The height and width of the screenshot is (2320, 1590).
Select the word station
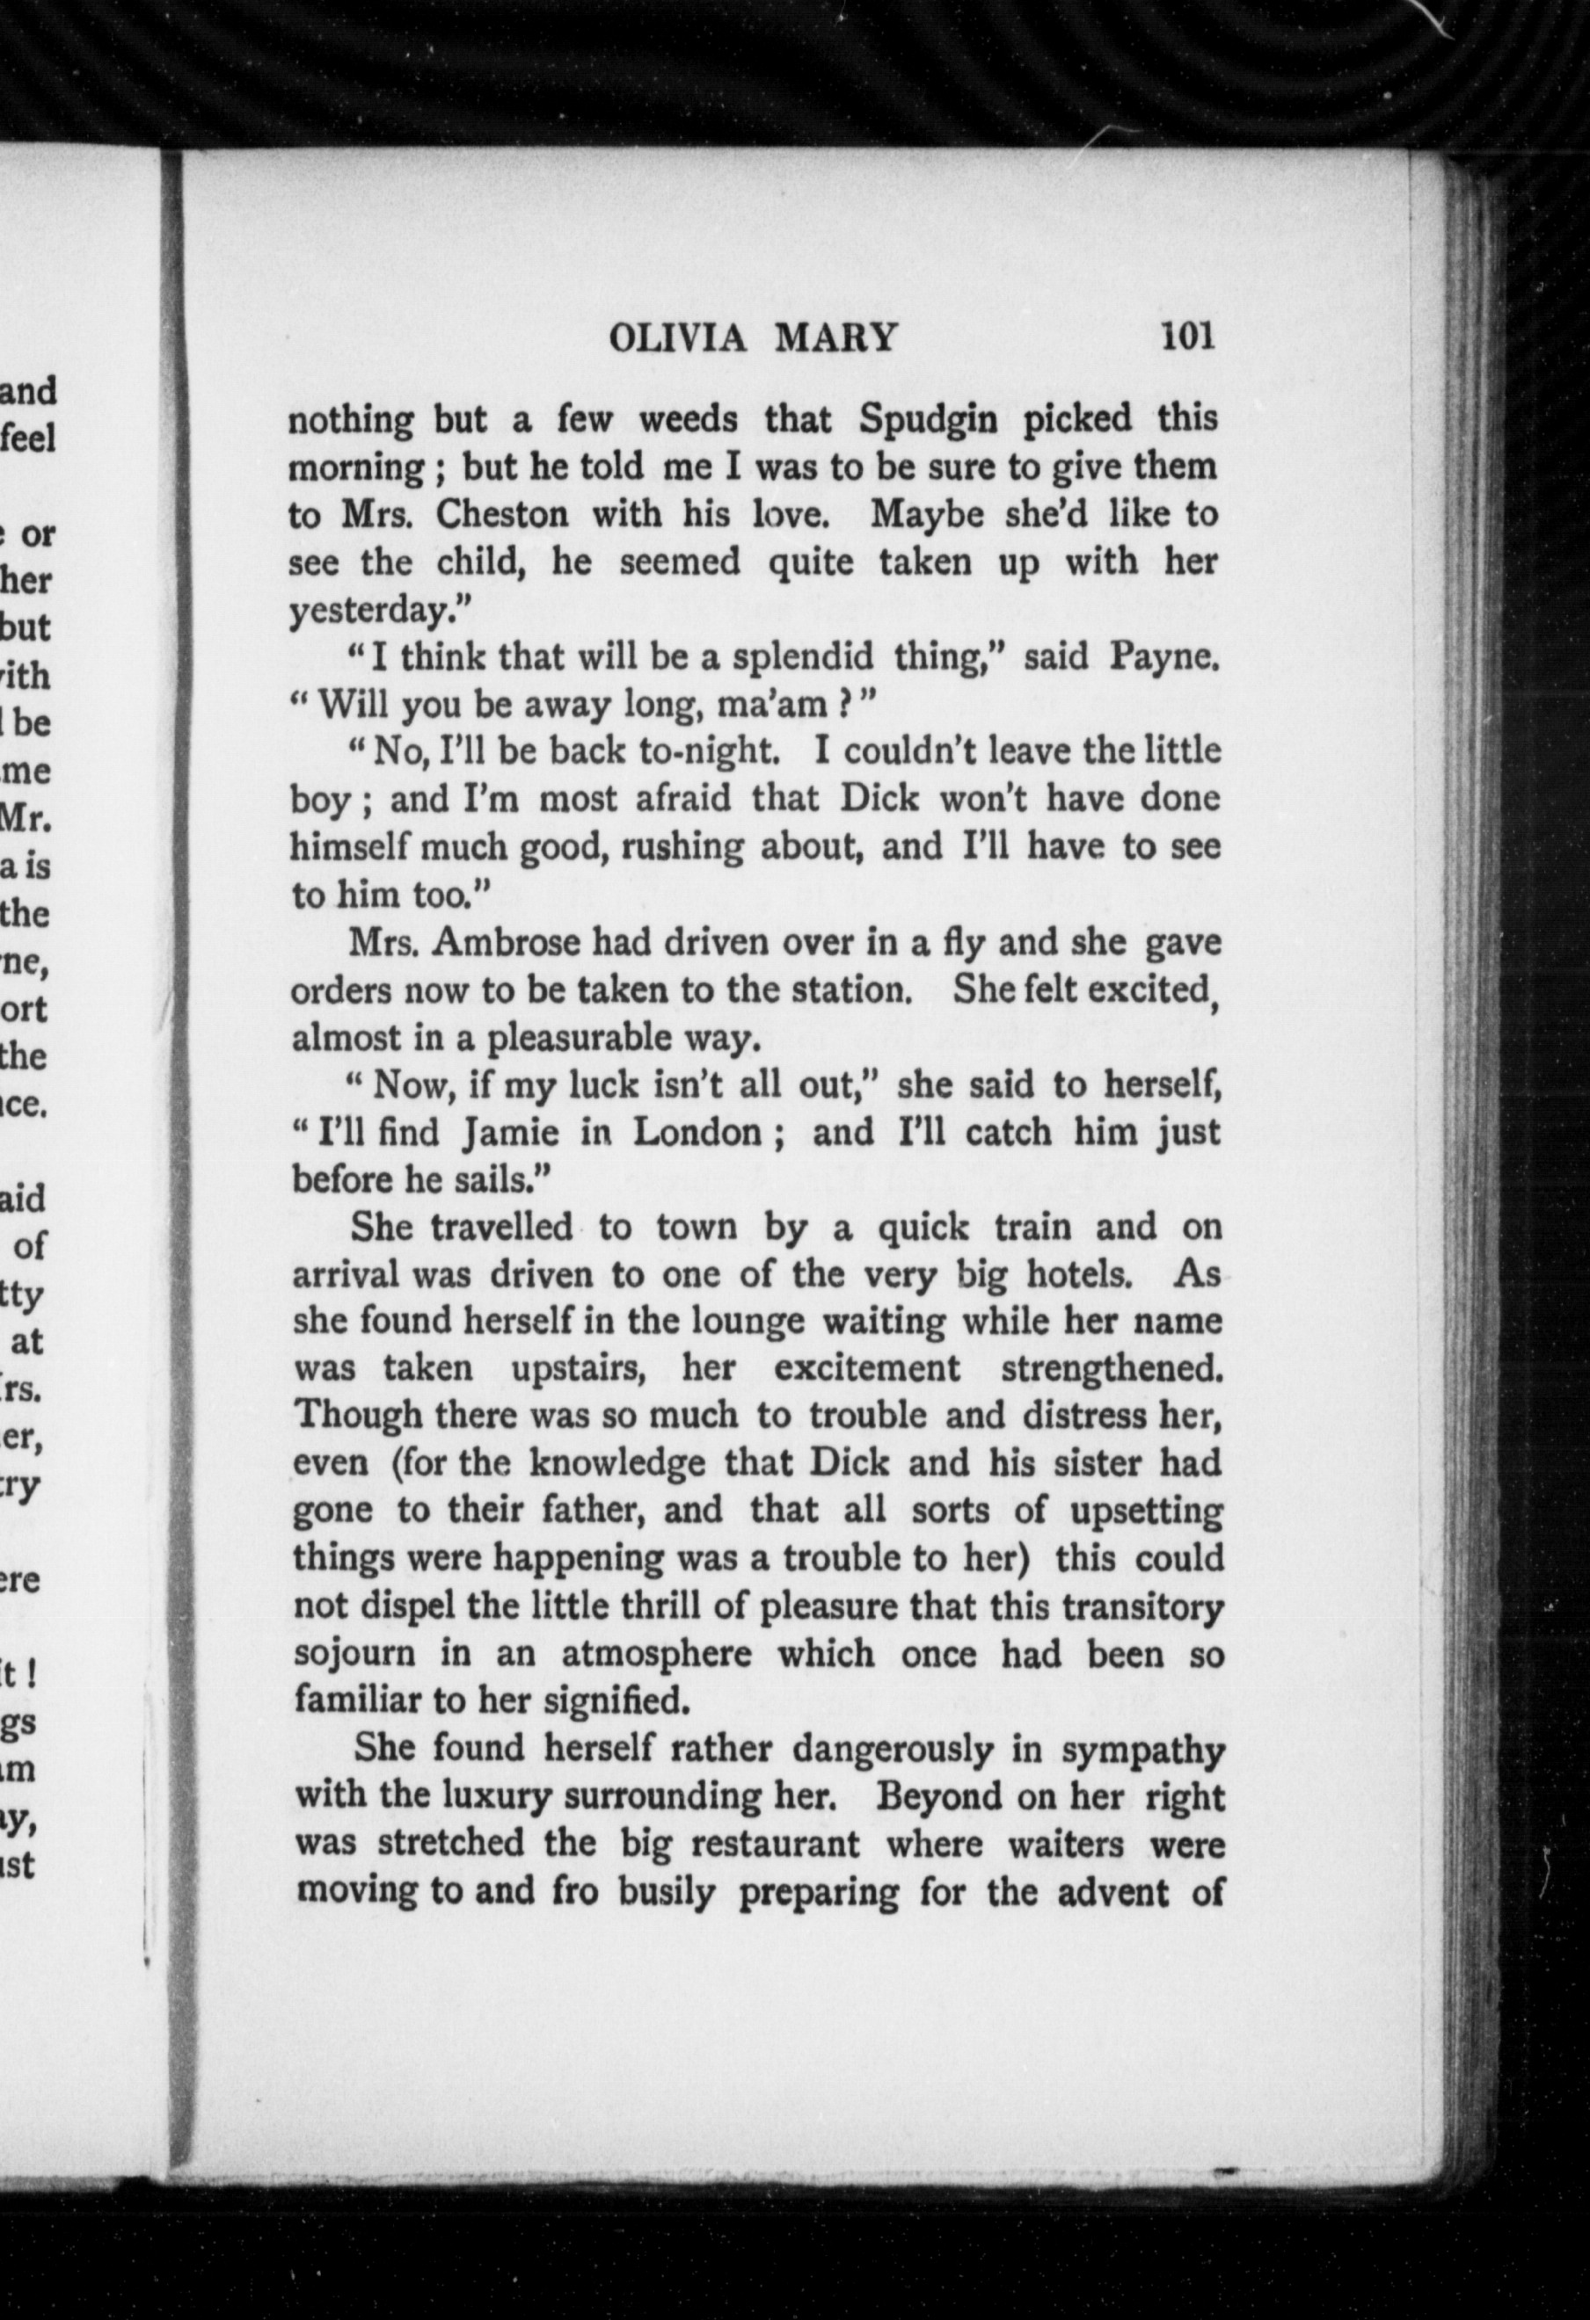(851, 990)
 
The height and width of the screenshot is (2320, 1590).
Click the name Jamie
(508, 1133)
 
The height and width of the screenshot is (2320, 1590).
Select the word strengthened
(1112, 1368)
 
